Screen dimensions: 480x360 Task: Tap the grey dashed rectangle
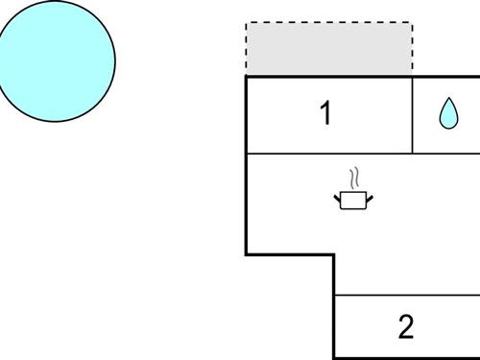(x=329, y=49)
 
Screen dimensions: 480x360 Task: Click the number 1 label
(x=325, y=113)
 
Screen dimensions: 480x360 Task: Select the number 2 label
(x=405, y=326)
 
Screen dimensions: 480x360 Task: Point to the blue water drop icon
(x=447, y=114)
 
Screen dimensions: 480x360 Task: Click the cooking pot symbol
(x=353, y=200)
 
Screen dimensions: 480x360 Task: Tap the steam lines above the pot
(x=354, y=178)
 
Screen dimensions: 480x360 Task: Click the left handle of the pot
(x=338, y=199)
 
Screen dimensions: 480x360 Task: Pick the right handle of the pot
(x=369, y=199)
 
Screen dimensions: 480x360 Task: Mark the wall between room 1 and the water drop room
(x=413, y=115)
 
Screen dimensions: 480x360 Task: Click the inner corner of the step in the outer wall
(x=334, y=254)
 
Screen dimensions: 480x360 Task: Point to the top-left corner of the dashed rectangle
(x=247, y=23)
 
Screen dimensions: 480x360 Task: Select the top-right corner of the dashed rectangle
(x=413, y=23)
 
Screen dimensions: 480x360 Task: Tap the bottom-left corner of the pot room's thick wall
(x=247, y=254)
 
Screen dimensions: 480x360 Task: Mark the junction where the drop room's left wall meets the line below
(x=413, y=154)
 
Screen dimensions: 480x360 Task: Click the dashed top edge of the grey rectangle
(x=329, y=23)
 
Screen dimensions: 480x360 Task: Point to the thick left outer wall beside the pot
(x=247, y=202)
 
